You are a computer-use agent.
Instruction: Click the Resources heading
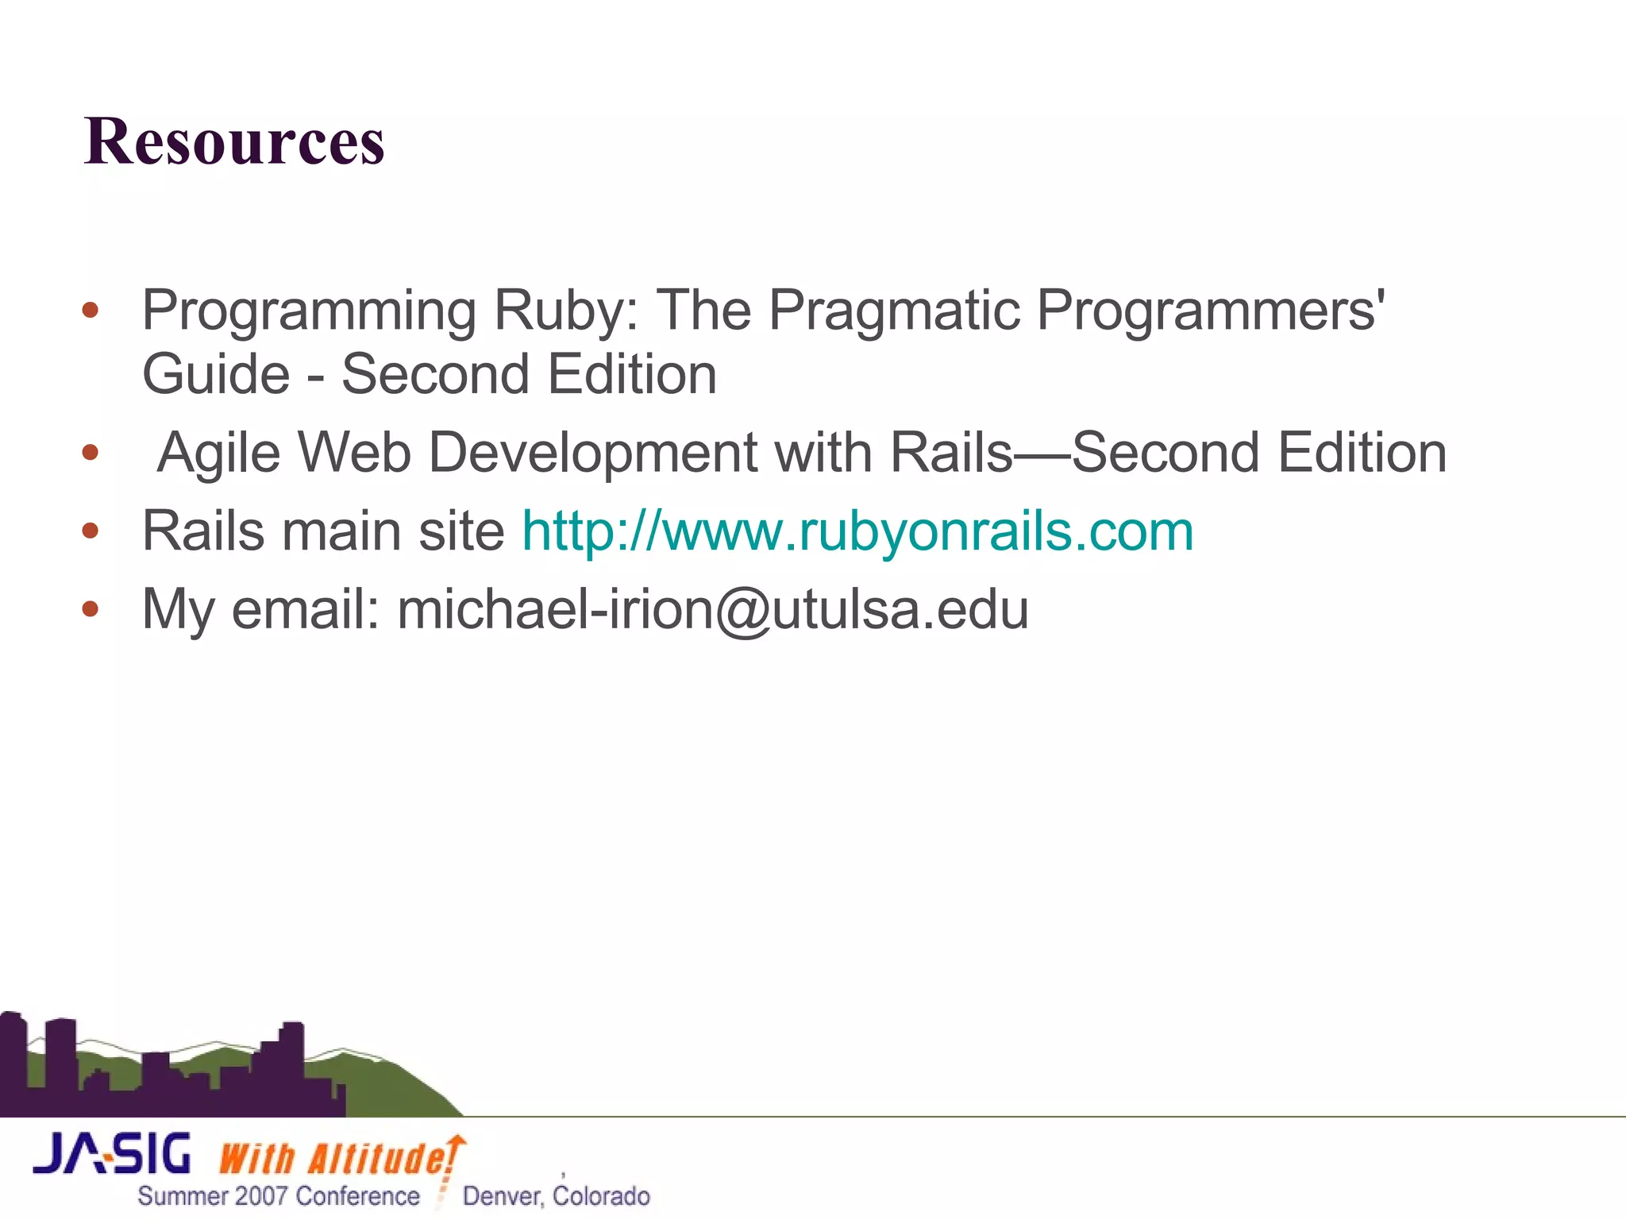[x=234, y=141]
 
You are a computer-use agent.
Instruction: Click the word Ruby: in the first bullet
[x=565, y=310]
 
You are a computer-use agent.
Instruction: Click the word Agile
[x=219, y=453]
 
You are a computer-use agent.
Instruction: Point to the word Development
[x=592, y=453]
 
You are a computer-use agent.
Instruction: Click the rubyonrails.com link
[x=857, y=531]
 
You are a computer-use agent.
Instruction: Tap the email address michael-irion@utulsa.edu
[x=712, y=609]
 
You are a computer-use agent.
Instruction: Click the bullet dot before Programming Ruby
[x=91, y=310]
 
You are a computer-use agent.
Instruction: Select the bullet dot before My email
[x=91, y=609]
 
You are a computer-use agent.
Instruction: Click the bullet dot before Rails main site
[x=91, y=531]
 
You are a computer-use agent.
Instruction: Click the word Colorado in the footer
[x=602, y=1196]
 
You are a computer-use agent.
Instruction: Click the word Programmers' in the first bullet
[x=1210, y=310]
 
